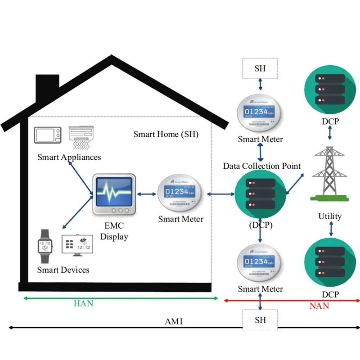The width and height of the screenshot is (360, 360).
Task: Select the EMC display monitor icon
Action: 113,195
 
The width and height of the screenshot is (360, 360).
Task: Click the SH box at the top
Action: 260,68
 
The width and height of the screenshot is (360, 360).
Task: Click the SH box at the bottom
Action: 260,320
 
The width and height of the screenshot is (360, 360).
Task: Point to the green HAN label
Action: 83,303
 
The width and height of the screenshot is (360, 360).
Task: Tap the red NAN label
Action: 319,306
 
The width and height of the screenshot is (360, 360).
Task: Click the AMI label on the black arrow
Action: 173,322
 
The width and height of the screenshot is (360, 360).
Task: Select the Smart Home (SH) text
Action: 166,135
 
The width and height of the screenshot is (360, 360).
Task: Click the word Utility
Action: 330,216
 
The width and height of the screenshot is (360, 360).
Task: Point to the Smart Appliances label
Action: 69,157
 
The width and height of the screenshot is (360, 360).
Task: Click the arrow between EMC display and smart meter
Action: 145,194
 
